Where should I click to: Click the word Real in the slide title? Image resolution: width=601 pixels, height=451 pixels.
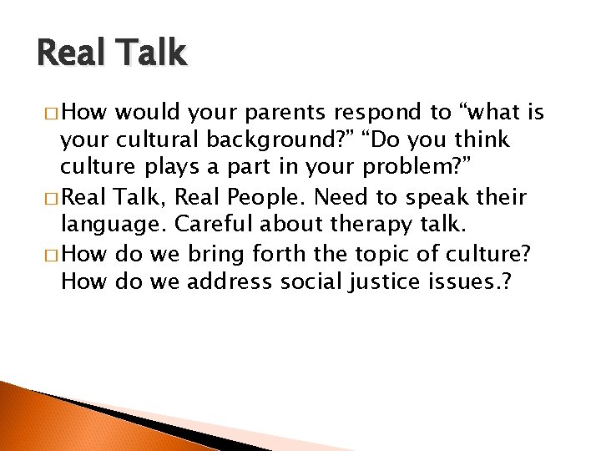71,53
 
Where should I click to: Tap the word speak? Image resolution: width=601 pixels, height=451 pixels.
437,197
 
